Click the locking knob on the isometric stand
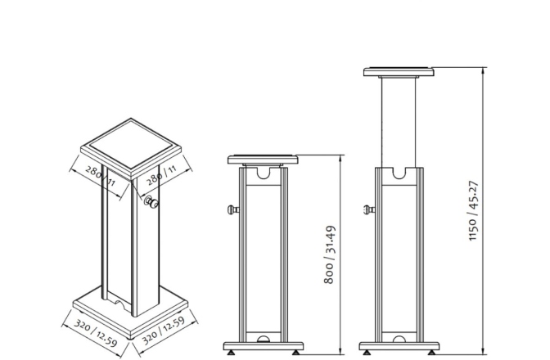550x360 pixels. pyautogui.click(x=151, y=204)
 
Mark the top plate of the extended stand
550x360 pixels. pyautogui.click(x=400, y=72)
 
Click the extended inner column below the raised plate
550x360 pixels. pyautogui.click(x=400, y=123)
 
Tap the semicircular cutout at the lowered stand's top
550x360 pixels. pyautogui.click(x=264, y=173)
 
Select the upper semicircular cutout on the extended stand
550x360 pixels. pyautogui.click(x=400, y=173)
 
